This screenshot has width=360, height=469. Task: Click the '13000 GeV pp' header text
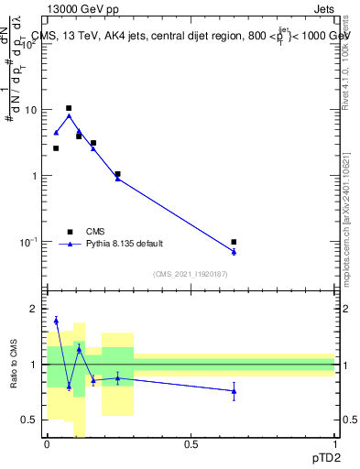[80, 9]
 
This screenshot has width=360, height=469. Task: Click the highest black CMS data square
[69, 108]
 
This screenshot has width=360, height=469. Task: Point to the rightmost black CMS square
[234, 242]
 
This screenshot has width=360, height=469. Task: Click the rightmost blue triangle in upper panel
[234, 252]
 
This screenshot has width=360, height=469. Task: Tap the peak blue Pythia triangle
[69, 116]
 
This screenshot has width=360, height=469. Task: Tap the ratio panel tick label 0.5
[29, 420]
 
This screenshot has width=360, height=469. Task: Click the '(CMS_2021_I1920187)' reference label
[191, 274]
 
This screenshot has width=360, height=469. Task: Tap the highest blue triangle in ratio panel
[56, 321]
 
